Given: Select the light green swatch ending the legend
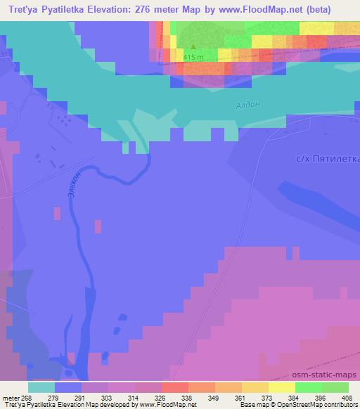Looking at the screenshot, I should [x=335, y=387].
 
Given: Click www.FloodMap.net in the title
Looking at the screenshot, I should [x=275, y=8].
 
